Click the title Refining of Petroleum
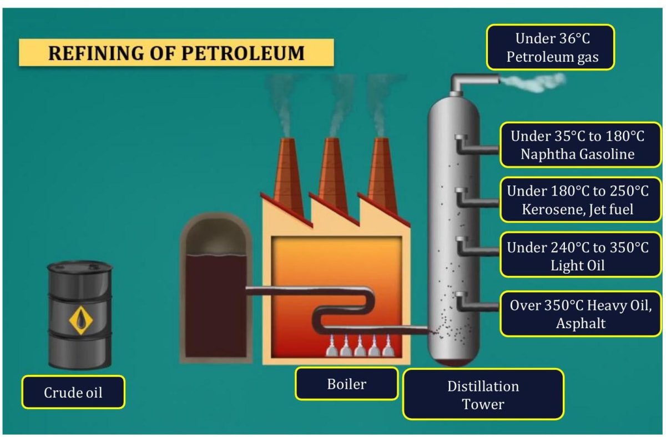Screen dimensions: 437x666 tap(176, 53)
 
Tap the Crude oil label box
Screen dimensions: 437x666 tap(73, 392)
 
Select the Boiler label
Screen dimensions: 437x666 tap(346, 383)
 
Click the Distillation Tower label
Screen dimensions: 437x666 tap(483, 395)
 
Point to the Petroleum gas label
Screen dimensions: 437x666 tap(551, 47)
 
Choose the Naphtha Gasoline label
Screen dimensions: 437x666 tap(577, 145)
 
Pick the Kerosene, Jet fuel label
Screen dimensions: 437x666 tap(577, 200)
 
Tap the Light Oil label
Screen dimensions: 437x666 tap(577, 256)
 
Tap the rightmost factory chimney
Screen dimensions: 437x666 tap(382, 172)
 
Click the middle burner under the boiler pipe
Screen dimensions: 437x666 tap(360, 347)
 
